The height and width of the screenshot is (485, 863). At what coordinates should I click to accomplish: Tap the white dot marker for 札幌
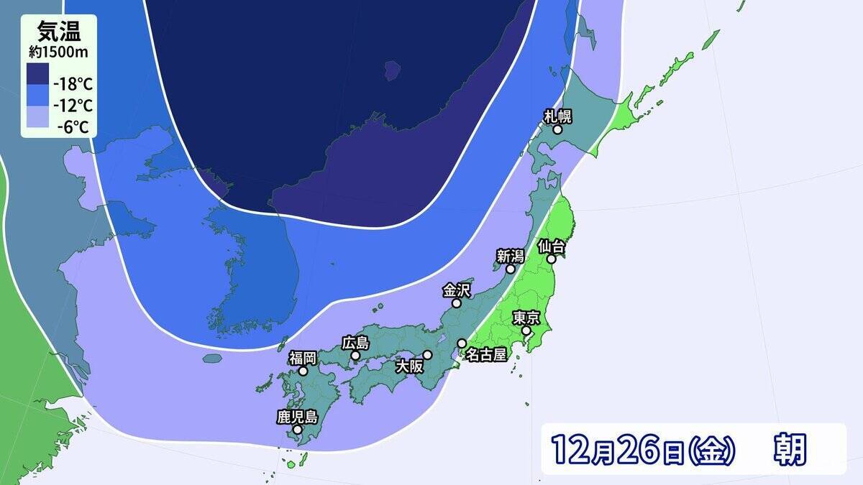click(x=557, y=129)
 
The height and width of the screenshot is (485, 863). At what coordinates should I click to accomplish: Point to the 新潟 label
click(x=510, y=255)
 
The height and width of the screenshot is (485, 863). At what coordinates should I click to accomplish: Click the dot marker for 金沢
click(x=456, y=303)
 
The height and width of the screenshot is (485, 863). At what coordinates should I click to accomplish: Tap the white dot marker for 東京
click(x=526, y=331)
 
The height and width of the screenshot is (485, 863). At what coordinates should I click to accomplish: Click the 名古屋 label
click(x=486, y=354)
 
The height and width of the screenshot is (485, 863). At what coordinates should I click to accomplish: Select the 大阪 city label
click(x=410, y=366)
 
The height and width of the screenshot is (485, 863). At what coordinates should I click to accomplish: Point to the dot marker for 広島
click(x=355, y=355)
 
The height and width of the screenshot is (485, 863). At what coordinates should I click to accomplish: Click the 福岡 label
click(x=303, y=358)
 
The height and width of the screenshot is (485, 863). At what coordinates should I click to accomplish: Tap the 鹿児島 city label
click(x=297, y=417)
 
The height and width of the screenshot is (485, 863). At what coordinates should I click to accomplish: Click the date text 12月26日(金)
click(x=644, y=450)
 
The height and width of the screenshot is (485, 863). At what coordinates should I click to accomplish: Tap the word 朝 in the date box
click(x=790, y=450)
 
